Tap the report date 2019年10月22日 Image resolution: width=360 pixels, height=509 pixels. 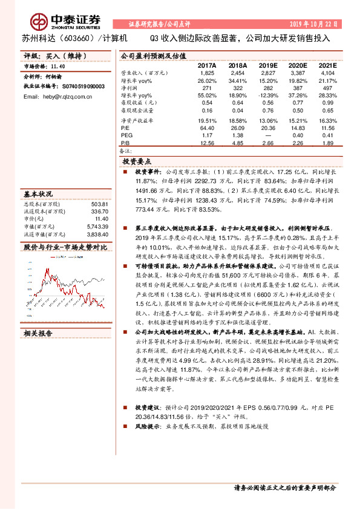coord(313,24)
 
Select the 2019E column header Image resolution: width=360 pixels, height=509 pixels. coord(268,64)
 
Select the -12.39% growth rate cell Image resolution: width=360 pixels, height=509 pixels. coord(267,96)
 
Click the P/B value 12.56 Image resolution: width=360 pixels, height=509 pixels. coord(207,143)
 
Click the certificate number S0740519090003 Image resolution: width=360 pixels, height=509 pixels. coord(78,86)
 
